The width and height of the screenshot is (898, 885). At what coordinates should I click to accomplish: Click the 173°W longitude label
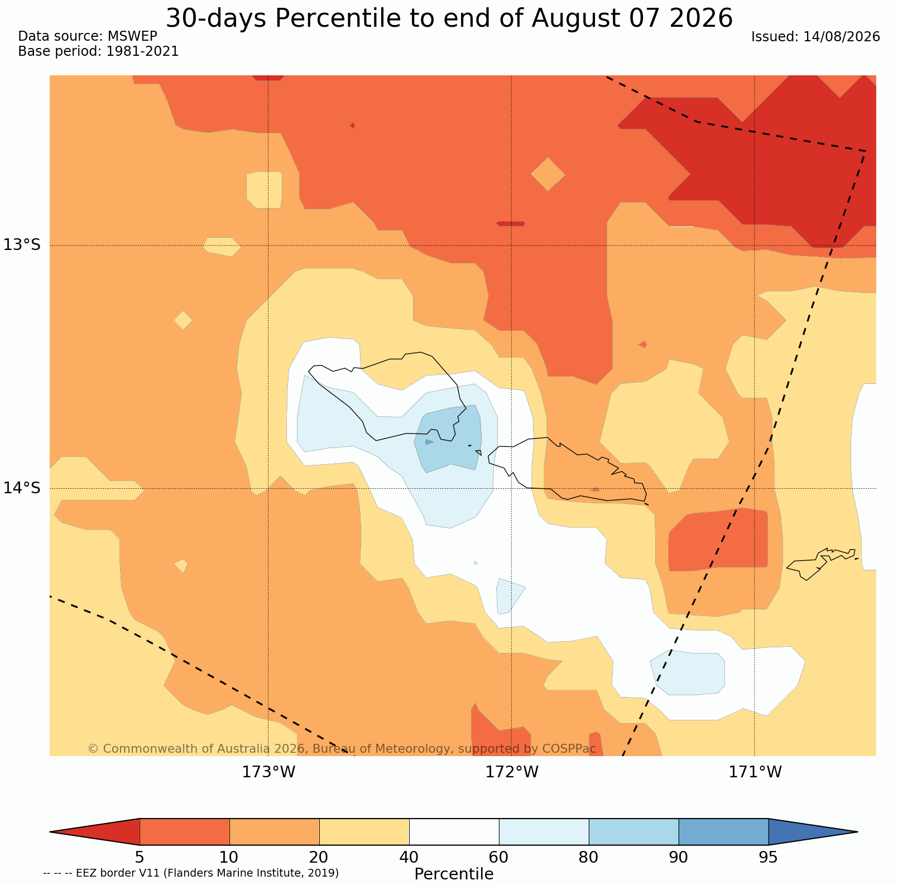tap(268, 772)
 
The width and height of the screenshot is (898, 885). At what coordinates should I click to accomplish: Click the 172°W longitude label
tap(512, 772)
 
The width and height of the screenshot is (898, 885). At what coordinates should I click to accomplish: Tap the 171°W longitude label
tap(755, 772)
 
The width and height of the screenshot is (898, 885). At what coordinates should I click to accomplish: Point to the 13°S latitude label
tap(22, 245)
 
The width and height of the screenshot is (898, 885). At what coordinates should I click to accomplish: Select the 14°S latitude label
tap(22, 488)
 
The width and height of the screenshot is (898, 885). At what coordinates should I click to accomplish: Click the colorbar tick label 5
tap(140, 857)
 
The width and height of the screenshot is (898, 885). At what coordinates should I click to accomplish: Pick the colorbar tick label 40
tap(409, 857)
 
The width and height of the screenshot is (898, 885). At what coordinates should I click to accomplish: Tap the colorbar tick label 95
tap(769, 857)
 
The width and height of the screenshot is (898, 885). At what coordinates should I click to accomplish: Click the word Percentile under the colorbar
tap(454, 874)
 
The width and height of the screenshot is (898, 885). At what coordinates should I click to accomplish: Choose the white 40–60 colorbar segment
tap(454, 832)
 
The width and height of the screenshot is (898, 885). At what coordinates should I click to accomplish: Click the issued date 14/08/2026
tap(842, 37)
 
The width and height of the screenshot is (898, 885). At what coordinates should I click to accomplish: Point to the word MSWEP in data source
tap(132, 36)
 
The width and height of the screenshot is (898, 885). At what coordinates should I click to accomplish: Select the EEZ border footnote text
tap(191, 873)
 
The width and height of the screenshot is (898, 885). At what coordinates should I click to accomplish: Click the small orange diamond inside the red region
tap(548, 174)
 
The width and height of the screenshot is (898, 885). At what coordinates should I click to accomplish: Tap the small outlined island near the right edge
tap(822, 564)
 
